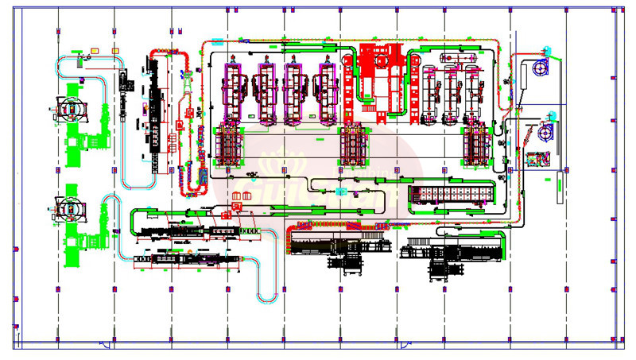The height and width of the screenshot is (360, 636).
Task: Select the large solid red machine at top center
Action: click(x=380, y=70)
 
